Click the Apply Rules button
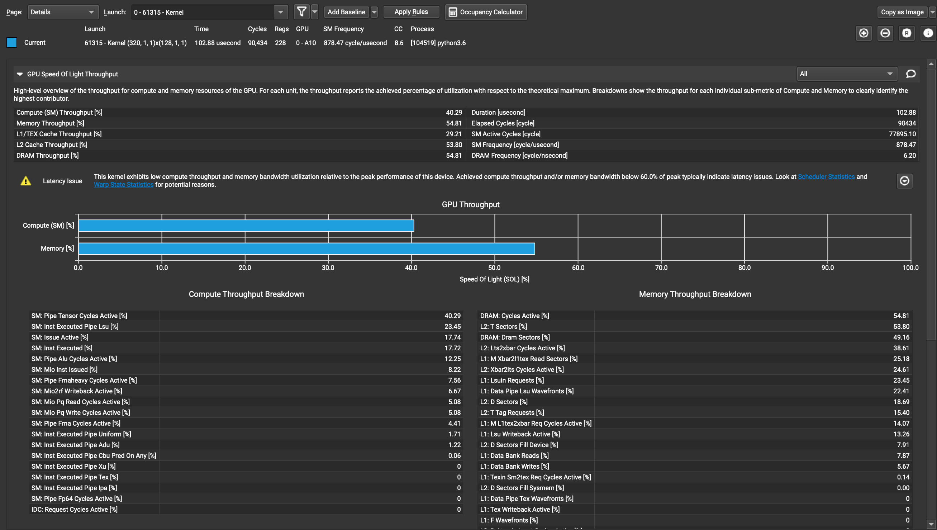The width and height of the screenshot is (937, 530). tap(411, 12)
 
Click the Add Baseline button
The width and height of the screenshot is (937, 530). tap(346, 12)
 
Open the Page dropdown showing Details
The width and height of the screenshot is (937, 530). tap(63, 12)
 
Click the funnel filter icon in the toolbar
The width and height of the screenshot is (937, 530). tap(301, 12)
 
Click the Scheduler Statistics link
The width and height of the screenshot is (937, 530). tap(826, 176)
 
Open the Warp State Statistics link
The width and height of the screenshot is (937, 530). tap(123, 185)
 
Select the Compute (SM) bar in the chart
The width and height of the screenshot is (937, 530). tap(246, 226)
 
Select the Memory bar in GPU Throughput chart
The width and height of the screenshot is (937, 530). tap(306, 249)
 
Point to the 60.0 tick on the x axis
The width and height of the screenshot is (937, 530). tap(578, 268)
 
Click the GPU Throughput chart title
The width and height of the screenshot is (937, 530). tap(471, 204)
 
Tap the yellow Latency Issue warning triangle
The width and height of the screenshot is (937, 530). tap(26, 181)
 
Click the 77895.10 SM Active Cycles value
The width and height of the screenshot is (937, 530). tap(902, 134)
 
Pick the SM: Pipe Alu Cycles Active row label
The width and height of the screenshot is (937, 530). tap(74, 359)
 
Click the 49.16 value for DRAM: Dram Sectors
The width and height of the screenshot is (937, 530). tap(901, 337)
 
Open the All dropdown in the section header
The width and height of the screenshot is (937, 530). tap(846, 74)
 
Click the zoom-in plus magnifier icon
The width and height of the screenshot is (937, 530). tap(864, 33)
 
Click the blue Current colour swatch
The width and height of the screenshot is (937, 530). tap(11, 43)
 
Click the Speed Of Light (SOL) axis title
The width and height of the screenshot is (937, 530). tap(494, 279)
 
